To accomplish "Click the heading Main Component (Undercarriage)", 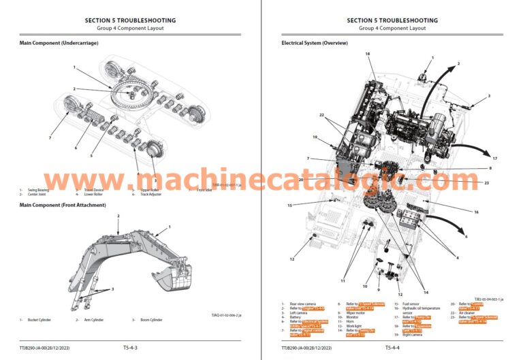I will [x=59, y=43].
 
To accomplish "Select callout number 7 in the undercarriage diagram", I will [x=50, y=138].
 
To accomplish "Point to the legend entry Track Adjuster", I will [x=150, y=195].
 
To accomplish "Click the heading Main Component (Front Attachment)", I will [x=62, y=205].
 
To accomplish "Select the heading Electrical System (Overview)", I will [x=315, y=43].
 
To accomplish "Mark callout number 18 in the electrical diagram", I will [x=368, y=53].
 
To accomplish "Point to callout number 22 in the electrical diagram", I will [x=323, y=115].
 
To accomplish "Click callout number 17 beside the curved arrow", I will [x=495, y=159].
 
